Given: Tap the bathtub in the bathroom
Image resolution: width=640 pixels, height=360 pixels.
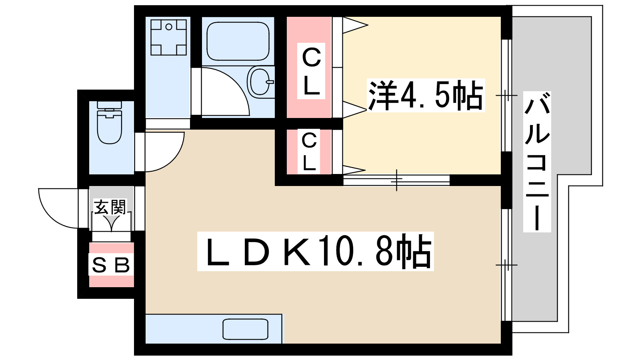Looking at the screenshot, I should (238, 41).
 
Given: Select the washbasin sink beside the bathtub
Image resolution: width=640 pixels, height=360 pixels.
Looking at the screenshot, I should (261, 81).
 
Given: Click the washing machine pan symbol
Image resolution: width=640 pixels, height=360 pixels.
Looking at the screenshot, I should (168, 37).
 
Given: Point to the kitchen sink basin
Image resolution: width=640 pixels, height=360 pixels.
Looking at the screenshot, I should (245, 329).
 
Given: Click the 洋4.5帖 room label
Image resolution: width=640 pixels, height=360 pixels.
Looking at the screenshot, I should (426, 95).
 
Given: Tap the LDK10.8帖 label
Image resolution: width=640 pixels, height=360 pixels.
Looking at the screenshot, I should (316, 251).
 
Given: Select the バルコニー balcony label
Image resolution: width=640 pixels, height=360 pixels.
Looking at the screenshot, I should (537, 162).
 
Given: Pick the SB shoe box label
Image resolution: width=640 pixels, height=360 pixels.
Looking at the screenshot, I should (111, 265).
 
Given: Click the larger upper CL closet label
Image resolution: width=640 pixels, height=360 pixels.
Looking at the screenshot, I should (311, 71).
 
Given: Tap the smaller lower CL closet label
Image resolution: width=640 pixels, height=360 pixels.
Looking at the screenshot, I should (309, 152).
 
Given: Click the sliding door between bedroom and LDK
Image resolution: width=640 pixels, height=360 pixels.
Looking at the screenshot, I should (396, 180).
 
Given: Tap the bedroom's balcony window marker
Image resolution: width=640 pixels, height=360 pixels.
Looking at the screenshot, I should (506, 95).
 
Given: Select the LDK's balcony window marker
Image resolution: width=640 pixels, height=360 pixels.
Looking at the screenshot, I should (506, 265).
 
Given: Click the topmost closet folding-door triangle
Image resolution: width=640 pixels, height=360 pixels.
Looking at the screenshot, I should (354, 25).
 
